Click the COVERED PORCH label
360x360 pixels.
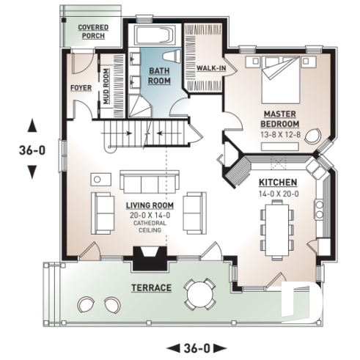(x=93, y=32)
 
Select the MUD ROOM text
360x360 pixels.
(x=106, y=87)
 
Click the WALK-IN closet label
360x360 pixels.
(x=210, y=68)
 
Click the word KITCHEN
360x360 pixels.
(x=276, y=181)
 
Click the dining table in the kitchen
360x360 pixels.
(x=276, y=226)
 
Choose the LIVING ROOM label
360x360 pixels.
(x=149, y=205)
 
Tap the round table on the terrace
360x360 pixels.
(x=198, y=293)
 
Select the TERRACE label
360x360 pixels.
(x=152, y=287)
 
